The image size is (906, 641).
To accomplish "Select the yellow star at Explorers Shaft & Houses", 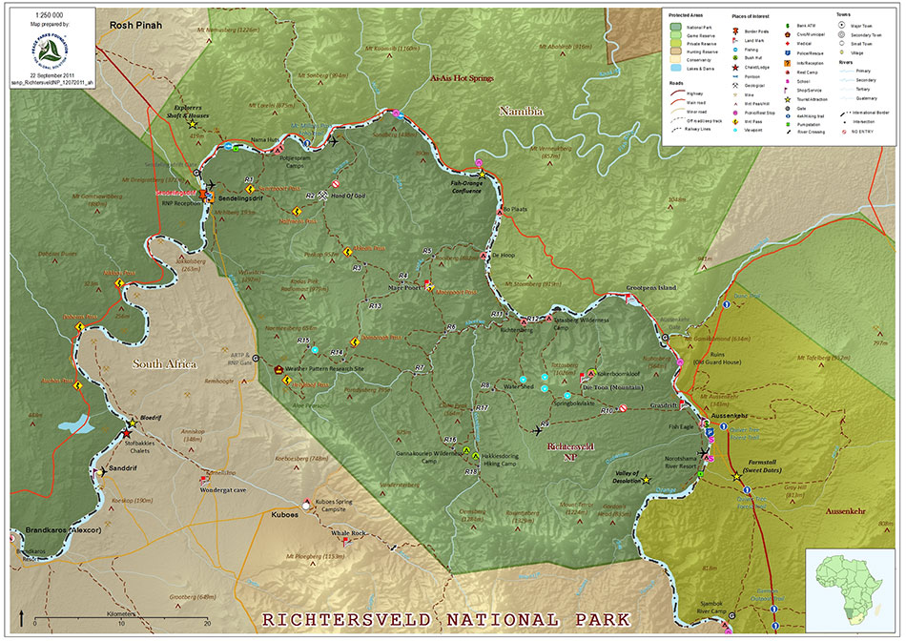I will coord(192,124).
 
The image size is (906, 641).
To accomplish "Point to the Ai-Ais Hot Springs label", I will coord(463,78).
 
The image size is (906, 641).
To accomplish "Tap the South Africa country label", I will coord(164,364).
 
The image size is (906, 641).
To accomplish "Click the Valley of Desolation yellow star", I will coord(647,480).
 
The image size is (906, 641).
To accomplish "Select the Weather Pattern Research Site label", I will coord(329,368).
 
